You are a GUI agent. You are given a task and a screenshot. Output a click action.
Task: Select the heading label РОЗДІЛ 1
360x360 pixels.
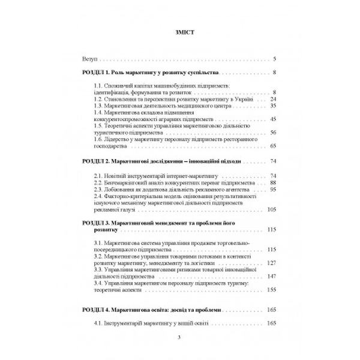coord(96,73)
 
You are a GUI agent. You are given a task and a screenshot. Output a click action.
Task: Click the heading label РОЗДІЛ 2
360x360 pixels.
coord(96,162)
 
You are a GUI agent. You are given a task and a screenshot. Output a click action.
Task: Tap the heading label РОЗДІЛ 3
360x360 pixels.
coord(96,223)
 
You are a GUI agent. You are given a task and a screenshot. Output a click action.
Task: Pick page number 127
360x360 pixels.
coord(271,263)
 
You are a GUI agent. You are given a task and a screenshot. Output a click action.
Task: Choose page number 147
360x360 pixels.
coord(271,276)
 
